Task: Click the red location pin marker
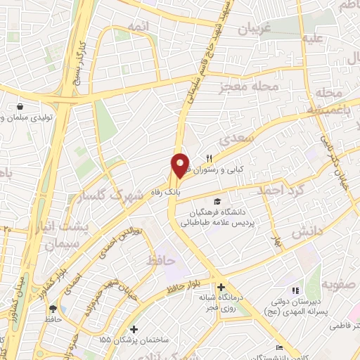coord(181,165)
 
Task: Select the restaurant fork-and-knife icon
coord(209,157)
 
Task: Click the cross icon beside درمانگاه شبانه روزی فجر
coord(221,287)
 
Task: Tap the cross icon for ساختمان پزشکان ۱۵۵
coord(134,328)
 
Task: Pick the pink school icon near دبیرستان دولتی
coord(295,290)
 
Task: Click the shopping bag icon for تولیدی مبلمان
coord(20,107)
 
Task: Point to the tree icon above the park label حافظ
coord(52,309)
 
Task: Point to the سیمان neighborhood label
coord(59,245)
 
